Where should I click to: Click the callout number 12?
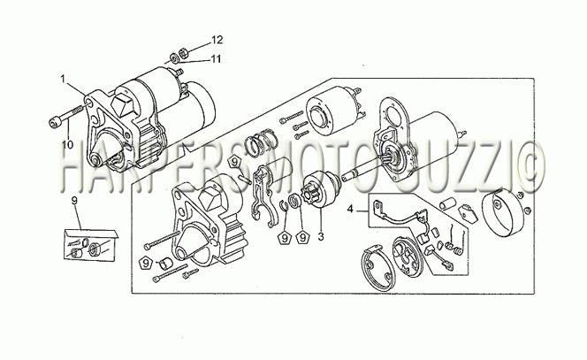(217, 40)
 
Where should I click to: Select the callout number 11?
(215, 59)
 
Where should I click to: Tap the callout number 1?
(64, 79)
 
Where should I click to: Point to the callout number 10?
(68, 144)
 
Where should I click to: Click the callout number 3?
(321, 236)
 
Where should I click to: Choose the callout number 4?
(350, 209)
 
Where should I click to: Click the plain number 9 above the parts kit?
(74, 201)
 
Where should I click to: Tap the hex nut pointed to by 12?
(184, 53)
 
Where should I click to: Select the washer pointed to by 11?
(174, 58)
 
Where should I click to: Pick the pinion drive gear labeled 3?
(320, 188)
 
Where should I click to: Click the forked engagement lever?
(264, 196)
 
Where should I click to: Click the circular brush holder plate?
(407, 257)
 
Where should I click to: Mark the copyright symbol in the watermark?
(528, 167)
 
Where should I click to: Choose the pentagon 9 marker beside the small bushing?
(145, 263)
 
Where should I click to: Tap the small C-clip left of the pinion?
(284, 206)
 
